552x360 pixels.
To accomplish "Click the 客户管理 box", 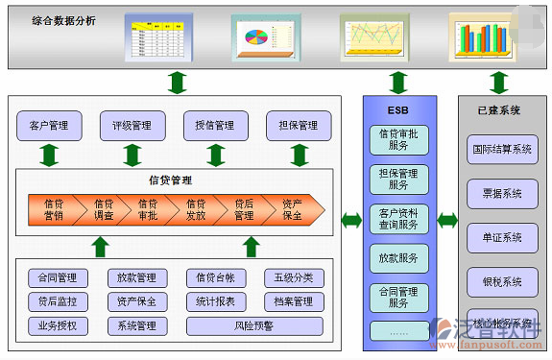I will [x=49, y=126].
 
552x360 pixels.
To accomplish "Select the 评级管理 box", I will [x=132, y=126].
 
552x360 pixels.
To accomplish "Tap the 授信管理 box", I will [x=215, y=126].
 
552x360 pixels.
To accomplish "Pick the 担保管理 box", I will [x=299, y=126].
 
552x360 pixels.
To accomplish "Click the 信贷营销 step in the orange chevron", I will [x=55, y=209].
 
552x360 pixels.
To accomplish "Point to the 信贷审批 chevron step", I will [x=148, y=209].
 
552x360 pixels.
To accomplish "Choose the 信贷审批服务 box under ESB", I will [x=398, y=141].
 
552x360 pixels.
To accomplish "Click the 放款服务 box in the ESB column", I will [x=398, y=257].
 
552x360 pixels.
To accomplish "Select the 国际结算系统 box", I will [x=501, y=150].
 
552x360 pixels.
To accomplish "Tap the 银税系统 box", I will [x=501, y=281].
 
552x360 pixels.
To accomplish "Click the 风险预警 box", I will [x=254, y=325].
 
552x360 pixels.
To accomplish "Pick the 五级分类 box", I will [x=293, y=278].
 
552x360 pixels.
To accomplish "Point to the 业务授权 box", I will [x=58, y=325].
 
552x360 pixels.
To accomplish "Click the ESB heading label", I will [x=398, y=110].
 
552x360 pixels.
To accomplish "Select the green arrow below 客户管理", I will [x=49, y=155].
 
